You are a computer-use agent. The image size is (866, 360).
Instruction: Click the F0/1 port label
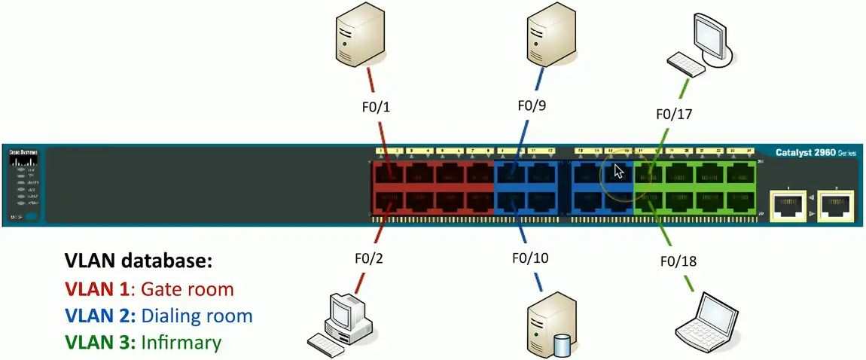(376, 108)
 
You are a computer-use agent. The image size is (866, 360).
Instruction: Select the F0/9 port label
(532, 105)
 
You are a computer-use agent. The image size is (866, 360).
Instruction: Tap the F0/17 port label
(674, 114)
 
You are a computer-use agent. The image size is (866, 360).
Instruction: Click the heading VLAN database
(139, 262)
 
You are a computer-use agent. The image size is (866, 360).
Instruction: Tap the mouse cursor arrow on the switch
(618, 171)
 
